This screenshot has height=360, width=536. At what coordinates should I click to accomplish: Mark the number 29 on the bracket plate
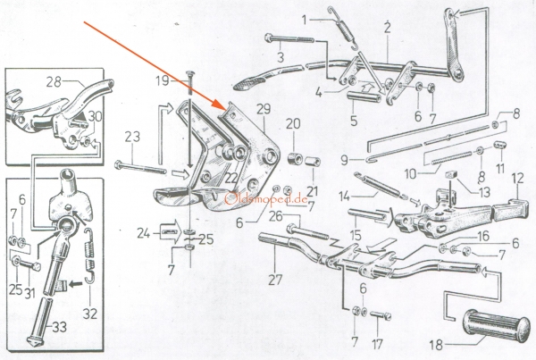click(261, 108)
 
